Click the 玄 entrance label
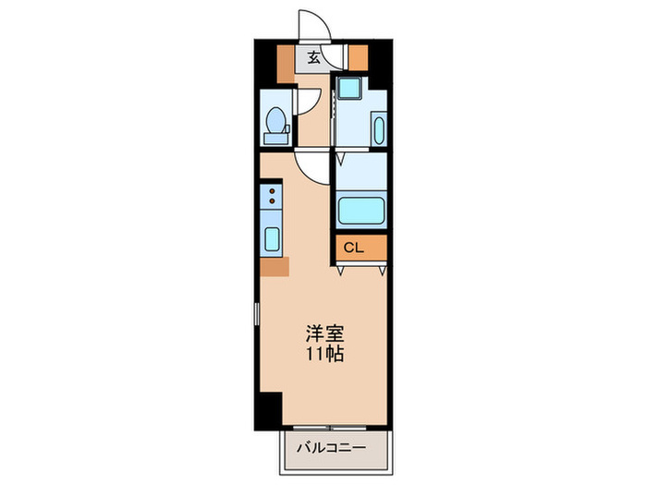[313, 56]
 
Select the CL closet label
[354, 248]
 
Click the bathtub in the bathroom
[360, 211]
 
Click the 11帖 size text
[323, 354]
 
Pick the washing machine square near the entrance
[348, 90]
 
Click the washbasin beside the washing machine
[377, 128]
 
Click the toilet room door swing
[309, 102]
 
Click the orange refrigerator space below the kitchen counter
[274, 267]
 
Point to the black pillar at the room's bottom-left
[269, 408]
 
